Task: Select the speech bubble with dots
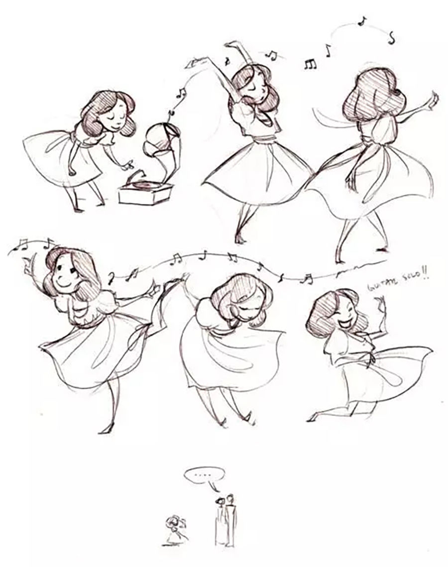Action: click(205, 475)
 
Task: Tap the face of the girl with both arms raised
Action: click(253, 85)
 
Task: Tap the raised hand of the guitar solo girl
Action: click(380, 303)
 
